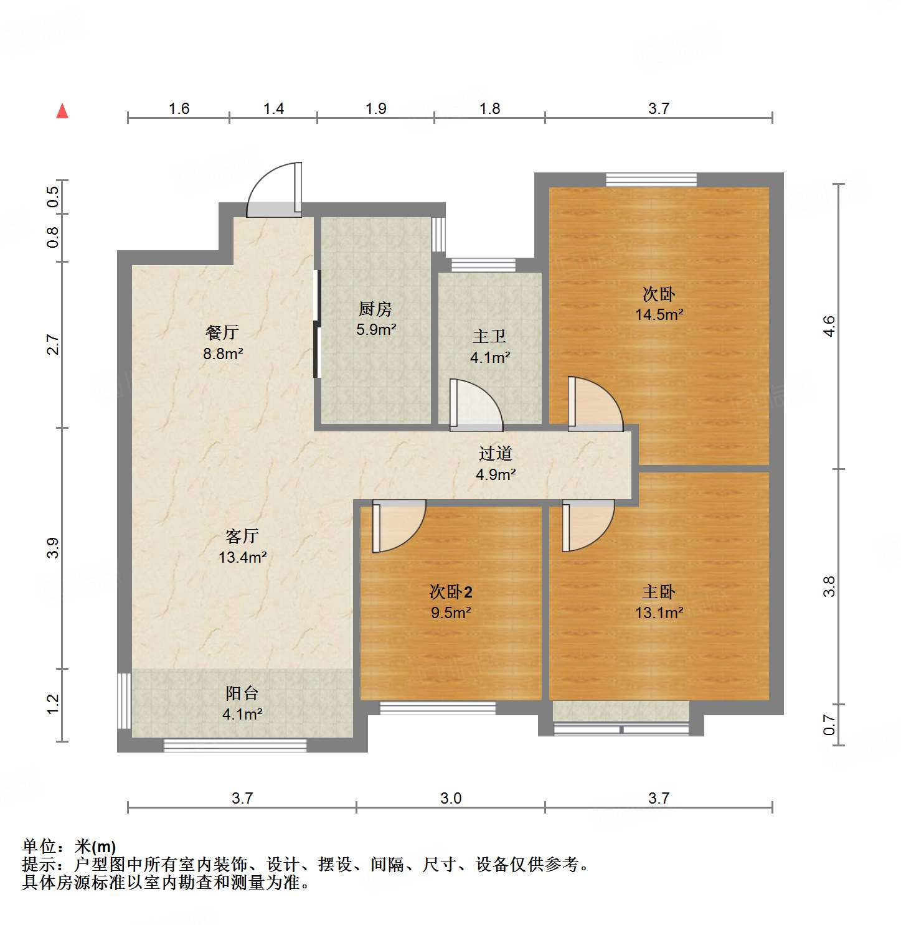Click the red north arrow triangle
point(62,111)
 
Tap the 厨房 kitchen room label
point(375,309)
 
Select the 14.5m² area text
point(659,315)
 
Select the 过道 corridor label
point(495,453)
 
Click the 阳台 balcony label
point(242,693)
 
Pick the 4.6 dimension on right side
point(828,326)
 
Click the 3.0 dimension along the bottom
point(450,798)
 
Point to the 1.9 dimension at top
point(375,109)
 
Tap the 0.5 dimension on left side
point(54,197)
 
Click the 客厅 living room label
point(242,536)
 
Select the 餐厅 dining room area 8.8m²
point(222,354)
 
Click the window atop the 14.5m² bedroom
point(651,180)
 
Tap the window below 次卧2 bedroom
point(437,708)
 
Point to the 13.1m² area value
point(659,613)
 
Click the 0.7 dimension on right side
point(828,724)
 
